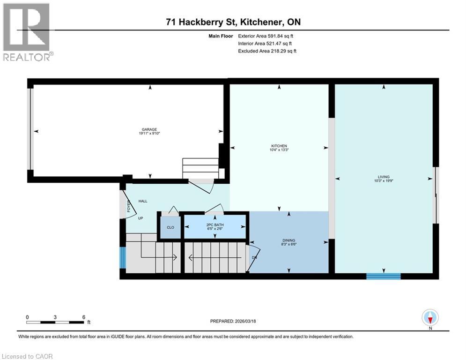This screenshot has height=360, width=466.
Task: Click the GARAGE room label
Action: (149, 129)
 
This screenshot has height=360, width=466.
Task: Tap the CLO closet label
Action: (170, 227)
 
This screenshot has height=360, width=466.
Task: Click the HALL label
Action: (143, 201)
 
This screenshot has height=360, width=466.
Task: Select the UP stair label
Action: (140, 218)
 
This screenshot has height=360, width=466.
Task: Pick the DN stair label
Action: (254, 257)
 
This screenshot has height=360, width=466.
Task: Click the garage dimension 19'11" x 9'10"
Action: (149, 134)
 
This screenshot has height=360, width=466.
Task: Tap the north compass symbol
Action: (429, 318)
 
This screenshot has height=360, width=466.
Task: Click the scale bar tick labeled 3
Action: (55, 317)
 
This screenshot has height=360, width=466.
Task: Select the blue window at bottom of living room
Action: (383, 276)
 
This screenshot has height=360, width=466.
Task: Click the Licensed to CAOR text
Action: (28, 356)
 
